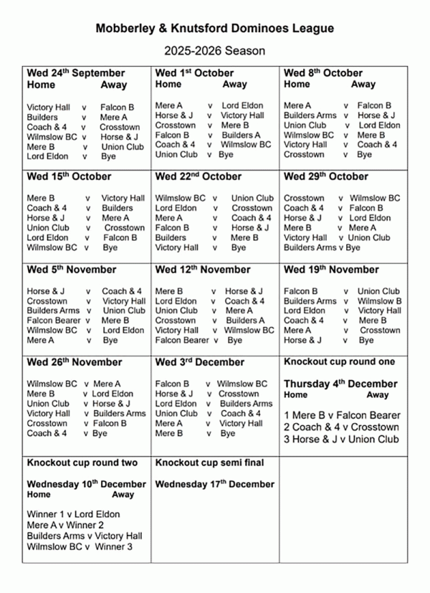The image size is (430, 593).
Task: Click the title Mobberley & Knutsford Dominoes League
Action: (x=215, y=29)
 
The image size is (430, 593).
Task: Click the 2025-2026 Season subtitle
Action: (x=215, y=51)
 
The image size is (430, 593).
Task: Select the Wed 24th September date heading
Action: (x=75, y=73)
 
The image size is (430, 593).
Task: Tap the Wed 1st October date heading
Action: (x=194, y=73)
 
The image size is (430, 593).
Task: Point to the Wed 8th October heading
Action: (x=323, y=73)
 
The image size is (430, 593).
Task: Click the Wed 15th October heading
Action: (x=69, y=176)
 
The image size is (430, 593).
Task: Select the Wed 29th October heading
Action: (x=326, y=176)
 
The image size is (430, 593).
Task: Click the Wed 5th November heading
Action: (x=71, y=270)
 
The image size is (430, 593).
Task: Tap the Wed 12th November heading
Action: (x=202, y=270)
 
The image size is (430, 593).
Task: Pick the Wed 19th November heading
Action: (x=331, y=270)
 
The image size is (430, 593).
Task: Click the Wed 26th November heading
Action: (x=75, y=362)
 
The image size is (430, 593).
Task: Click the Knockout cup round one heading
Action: (x=340, y=362)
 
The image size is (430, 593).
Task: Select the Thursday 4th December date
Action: (x=340, y=384)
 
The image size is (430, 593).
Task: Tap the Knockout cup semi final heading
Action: (x=209, y=463)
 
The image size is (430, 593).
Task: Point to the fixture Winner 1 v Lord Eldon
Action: (x=73, y=514)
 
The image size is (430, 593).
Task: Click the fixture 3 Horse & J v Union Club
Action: (x=342, y=439)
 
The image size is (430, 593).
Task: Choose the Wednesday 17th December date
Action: (x=214, y=484)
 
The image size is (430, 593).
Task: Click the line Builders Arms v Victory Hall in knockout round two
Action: (x=85, y=536)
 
